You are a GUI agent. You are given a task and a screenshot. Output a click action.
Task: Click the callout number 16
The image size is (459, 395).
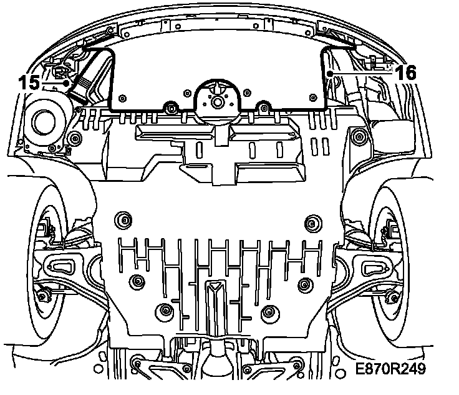point(406,72)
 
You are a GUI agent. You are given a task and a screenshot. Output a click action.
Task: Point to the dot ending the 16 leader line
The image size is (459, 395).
point(331,74)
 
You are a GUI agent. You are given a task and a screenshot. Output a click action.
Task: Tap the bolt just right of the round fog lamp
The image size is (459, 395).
point(75,137)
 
